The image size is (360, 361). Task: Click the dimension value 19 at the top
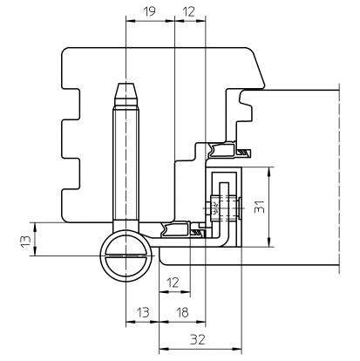click(x=150, y=11)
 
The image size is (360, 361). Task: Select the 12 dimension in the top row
click(x=188, y=11)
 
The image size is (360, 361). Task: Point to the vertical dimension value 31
click(x=260, y=207)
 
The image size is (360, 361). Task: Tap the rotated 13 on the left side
click(x=25, y=241)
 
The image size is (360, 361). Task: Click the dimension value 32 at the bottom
click(x=198, y=339)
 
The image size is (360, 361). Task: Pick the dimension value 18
click(x=182, y=312)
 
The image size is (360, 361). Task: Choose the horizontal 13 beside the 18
click(x=143, y=312)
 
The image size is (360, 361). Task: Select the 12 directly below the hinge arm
click(x=173, y=283)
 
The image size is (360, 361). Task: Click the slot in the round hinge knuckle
click(x=126, y=255)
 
